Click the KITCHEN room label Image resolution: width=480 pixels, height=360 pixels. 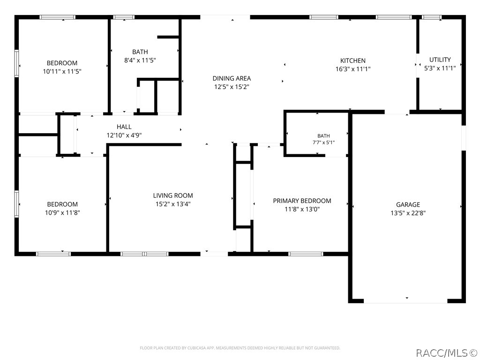353,60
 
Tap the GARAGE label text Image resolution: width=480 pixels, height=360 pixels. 408,205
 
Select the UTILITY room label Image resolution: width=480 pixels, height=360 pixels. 440,60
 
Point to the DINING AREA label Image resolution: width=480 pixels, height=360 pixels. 232,78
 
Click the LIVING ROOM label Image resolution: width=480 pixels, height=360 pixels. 173,195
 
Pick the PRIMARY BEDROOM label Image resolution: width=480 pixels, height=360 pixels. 302,201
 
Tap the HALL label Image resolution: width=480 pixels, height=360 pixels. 124,127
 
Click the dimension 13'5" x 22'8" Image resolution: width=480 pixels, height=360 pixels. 408,213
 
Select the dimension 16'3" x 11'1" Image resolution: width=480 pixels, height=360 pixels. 353,69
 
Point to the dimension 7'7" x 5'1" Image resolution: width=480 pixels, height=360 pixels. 323,142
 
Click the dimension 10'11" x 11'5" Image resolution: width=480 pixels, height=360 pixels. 62,72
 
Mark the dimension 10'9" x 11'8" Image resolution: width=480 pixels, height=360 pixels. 62,213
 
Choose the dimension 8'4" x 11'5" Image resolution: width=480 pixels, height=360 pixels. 140,60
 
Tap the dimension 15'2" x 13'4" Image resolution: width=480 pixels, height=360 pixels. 173,204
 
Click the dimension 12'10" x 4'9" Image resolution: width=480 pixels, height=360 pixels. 124,135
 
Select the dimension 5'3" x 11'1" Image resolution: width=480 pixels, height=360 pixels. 440,68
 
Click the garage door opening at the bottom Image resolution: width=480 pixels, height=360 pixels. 405,301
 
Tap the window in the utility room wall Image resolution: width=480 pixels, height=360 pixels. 432,17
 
